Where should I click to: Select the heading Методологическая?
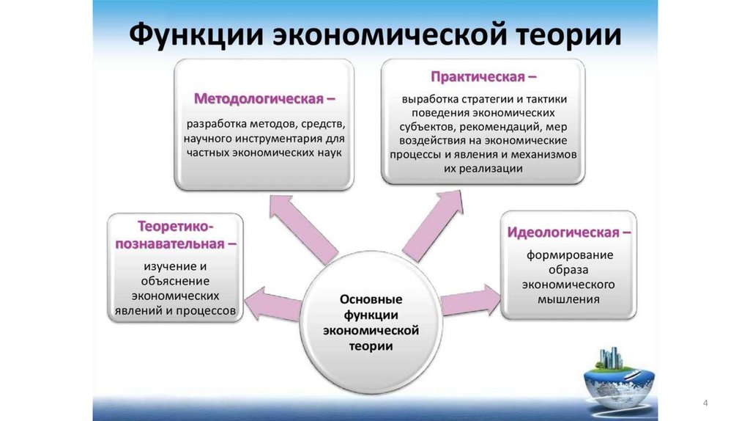(x=259, y=98)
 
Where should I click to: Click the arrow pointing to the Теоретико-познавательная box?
(x=272, y=303)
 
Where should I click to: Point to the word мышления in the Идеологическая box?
(x=568, y=299)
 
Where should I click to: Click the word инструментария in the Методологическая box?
(x=257, y=138)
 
